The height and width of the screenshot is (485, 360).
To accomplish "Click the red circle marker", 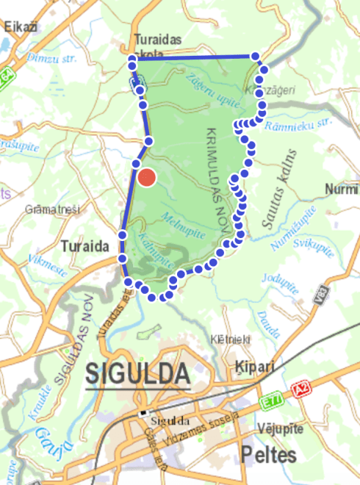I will tap(148, 178).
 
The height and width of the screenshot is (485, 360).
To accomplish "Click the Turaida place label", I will tap(85, 245).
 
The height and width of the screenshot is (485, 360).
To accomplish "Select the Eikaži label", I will tap(21, 26).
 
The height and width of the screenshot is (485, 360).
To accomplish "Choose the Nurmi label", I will tap(342, 190).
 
